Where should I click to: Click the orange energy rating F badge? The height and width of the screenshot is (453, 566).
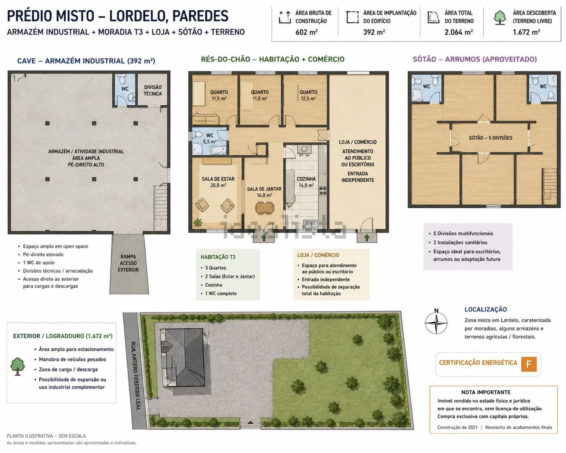(x=529, y=364)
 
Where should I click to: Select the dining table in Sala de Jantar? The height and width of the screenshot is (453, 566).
(x=265, y=207)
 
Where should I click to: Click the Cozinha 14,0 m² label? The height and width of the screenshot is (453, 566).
(x=306, y=182)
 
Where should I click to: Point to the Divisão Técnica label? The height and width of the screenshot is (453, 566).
(x=152, y=90)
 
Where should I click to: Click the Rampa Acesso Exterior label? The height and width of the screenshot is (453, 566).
(x=128, y=263)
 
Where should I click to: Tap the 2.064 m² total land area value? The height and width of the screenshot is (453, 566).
(x=458, y=32)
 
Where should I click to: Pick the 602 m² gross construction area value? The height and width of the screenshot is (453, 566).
(x=306, y=32)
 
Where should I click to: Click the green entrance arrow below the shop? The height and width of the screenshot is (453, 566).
(x=367, y=238)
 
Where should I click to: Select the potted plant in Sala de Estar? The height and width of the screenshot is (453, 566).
(x=197, y=222)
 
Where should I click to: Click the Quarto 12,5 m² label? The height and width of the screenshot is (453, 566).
(x=308, y=95)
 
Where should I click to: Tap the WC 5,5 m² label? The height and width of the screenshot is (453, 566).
(x=210, y=139)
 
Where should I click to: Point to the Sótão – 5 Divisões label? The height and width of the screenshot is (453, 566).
(x=491, y=138)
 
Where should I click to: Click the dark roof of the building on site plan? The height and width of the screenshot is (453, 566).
(x=185, y=357)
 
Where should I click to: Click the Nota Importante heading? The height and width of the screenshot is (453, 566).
(x=486, y=392)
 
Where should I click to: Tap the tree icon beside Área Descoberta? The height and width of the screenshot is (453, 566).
(x=500, y=18)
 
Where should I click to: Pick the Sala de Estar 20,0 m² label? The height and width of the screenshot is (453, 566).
(x=218, y=182)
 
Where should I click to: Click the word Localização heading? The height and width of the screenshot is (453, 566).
(x=486, y=309)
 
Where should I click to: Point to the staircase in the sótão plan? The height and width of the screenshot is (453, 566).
(x=549, y=186)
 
